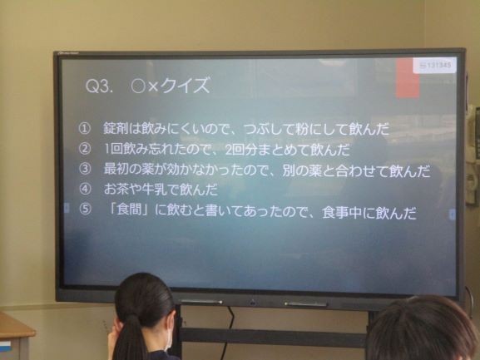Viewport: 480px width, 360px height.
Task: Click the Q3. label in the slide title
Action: click(x=97, y=86)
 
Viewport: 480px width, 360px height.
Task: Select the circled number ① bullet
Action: click(x=85, y=129)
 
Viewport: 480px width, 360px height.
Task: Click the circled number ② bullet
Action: click(x=85, y=149)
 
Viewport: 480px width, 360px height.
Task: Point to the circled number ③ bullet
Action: click(x=85, y=169)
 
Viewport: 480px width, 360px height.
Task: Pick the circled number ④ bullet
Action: click(x=85, y=189)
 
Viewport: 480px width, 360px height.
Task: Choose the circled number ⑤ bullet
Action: click(x=85, y=210)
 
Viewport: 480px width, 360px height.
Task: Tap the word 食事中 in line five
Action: click(x=342, y=213)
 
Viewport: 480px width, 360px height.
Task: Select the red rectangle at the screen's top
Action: click(x=407, y=79)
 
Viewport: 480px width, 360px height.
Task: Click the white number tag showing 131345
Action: click(x=435, y=65)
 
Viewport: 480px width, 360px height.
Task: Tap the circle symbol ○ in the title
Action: click(x=138, y=86)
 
